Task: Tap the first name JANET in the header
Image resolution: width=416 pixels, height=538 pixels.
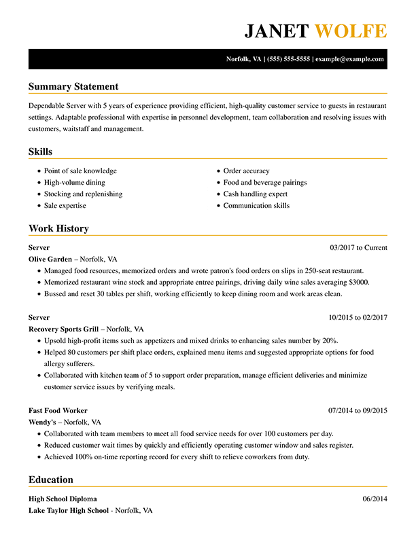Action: click(277, 31)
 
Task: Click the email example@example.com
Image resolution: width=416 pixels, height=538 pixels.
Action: click(349, 59)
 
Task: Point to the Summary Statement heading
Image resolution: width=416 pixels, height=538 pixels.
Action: click(73, 86)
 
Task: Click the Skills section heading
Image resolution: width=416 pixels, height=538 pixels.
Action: click(40, 151)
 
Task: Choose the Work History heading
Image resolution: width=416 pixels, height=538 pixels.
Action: click(58, 228)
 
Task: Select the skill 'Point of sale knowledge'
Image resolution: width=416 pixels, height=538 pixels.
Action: click(80, 171)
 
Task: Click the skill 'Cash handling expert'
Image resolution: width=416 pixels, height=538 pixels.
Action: click(255, 194)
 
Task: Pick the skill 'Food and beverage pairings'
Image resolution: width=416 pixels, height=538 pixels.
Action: click(265, 183)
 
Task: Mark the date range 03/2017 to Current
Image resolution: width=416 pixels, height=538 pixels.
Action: click(358, 248)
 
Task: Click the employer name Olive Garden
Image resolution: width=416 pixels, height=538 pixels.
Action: click(50, 259)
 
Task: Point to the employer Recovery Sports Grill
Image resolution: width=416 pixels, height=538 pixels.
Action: click(64, 329)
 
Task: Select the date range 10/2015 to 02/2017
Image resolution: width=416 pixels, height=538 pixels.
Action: click(358, 317)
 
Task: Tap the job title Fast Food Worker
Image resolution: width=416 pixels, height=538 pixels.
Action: click(58, 410)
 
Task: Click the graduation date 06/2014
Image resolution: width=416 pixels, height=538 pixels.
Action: click(375, 499)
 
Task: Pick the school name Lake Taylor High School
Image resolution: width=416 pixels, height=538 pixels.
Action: click(68, 510)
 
